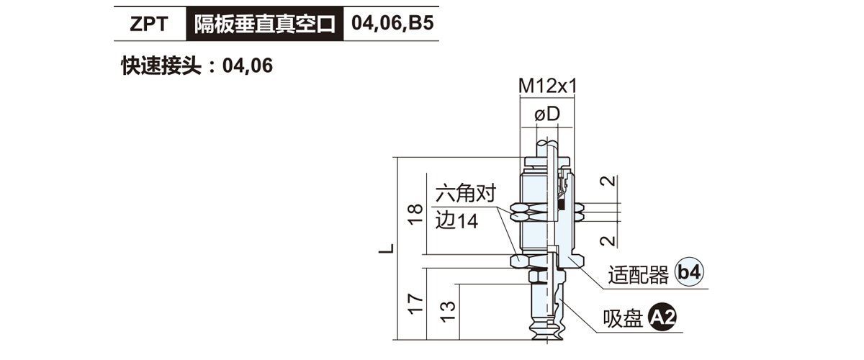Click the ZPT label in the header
click(149, 24)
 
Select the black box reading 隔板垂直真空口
click(265, 24)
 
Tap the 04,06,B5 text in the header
click(392, 23)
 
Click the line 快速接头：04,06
click(197, 66)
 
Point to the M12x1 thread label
click(547, 86)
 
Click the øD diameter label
click(547, 114)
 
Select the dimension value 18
click(415, 215)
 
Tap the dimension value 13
click(448, 312)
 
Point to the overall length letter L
click(386, 248)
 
